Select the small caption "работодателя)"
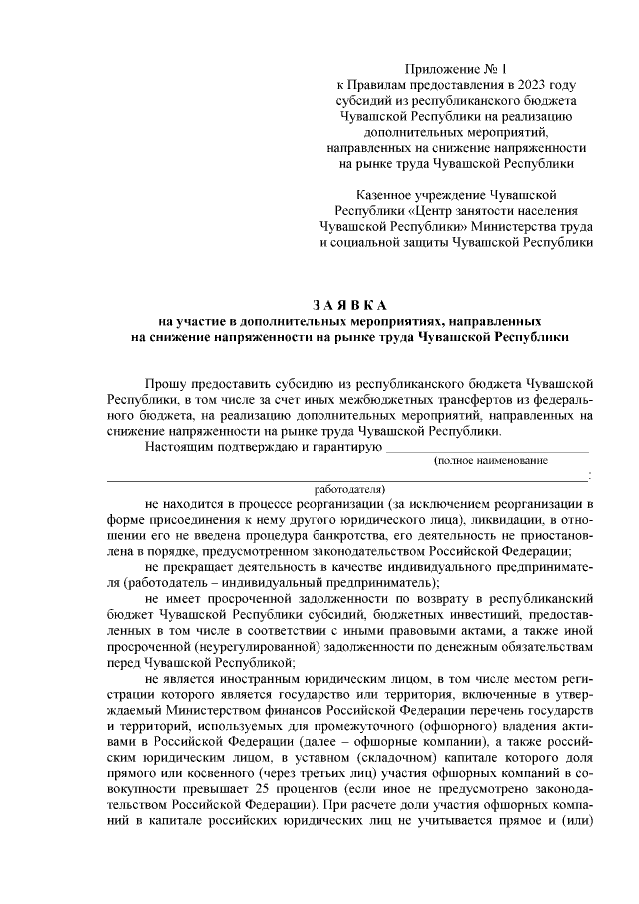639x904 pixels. pos(349,490)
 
